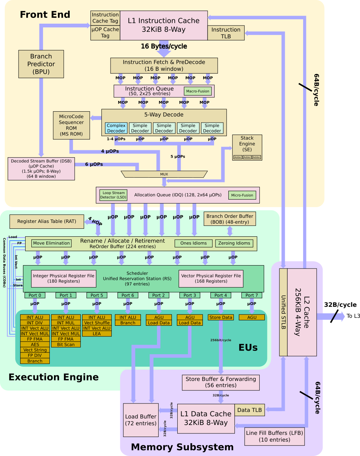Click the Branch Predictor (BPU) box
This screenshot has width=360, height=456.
pos(41,64)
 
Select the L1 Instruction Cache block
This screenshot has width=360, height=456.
pos(164,25)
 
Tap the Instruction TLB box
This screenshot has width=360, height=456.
pos(226,33)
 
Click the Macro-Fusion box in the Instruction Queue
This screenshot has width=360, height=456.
pos(198,91)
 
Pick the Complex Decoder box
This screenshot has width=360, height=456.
pos(116,128)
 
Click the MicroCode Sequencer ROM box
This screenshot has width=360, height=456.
pos(71,125)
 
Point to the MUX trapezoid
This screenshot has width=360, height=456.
pos(164,174)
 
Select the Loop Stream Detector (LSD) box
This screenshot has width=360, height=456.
pos(113,195)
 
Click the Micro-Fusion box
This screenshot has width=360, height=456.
pos(242,195)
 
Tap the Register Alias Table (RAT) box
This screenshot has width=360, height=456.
pos(47,221)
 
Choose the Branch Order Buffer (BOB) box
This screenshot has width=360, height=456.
pos(230,219)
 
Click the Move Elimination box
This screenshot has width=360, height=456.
pos(51,243)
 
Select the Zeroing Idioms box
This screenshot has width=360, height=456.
pos(234,243)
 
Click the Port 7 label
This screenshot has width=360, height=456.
pos(252,295)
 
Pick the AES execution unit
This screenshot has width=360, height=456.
pos(35,344)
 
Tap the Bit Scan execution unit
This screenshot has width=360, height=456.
pos(66,344)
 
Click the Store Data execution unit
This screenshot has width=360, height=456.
pos(221,317)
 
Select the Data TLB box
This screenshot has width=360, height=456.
pos(249,410)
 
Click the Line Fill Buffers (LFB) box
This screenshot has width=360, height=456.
pos(274,436)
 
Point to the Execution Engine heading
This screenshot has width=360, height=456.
pos(54,377)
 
